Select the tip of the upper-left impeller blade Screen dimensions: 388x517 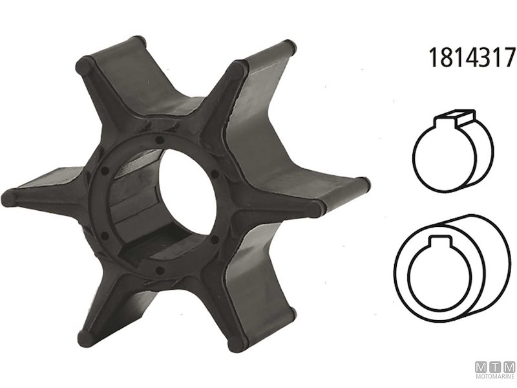point(84,65)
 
